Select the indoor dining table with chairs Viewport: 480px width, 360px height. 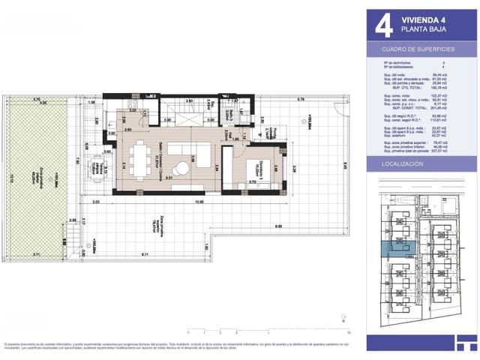(140, 158)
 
